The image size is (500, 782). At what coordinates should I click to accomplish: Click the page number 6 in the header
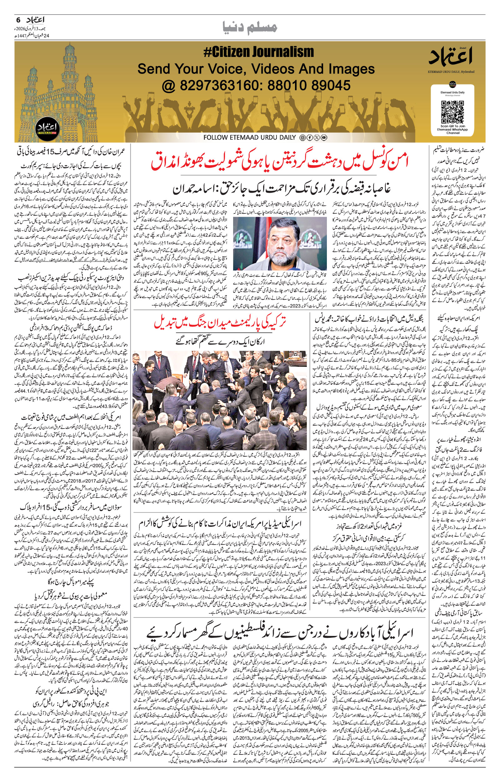point(18,20)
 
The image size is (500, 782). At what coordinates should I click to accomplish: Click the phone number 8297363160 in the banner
point(219,85)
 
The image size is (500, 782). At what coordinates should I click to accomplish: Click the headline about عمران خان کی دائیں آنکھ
point(73,152)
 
